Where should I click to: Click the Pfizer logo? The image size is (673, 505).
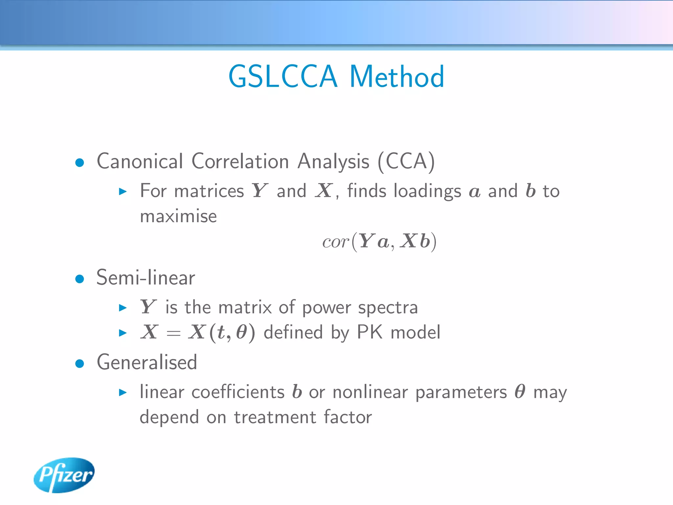64,475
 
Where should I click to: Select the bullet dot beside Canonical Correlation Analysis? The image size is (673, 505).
80,162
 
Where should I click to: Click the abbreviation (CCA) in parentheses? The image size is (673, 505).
406,161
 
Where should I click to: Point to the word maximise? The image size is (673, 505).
178,217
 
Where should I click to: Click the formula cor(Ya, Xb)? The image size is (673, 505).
379,242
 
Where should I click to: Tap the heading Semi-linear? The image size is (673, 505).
146,278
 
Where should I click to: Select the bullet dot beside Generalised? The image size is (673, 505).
80,364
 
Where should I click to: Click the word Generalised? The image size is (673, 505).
147,362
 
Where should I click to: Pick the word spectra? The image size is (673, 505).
388,308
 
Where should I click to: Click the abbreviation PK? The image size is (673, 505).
369,332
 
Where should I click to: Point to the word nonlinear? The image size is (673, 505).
370,392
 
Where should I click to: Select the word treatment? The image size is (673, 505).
275,418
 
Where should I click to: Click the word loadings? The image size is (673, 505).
427,191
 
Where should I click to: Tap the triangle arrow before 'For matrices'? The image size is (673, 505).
123,191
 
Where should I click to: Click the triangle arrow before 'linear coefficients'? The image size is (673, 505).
123,392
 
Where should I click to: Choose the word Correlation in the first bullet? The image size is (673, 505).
240,161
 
